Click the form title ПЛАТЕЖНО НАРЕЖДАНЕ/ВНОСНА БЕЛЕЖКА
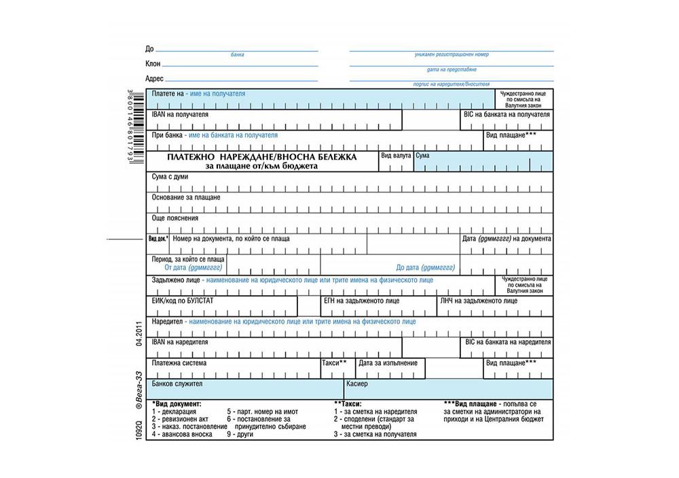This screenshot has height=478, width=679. click(261, 157)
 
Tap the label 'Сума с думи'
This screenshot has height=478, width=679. click(170, 177)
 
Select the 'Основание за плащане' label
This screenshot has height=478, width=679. click(186, 197)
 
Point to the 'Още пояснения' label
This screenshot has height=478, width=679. click(175, 218)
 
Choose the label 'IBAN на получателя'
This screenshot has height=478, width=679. click(180, 114)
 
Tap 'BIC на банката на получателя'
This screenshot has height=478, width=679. click(507, 114)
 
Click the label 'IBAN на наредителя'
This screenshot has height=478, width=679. click(179, 342)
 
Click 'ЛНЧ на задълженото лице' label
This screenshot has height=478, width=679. click(479, 300)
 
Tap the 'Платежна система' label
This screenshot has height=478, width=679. click(179, 363)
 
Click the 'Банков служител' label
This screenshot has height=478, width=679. click(177, 384)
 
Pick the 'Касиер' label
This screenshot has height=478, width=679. click(357, 384)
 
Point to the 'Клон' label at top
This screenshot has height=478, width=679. click(153, 64)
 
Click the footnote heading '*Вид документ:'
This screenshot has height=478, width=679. click(177, 404)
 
